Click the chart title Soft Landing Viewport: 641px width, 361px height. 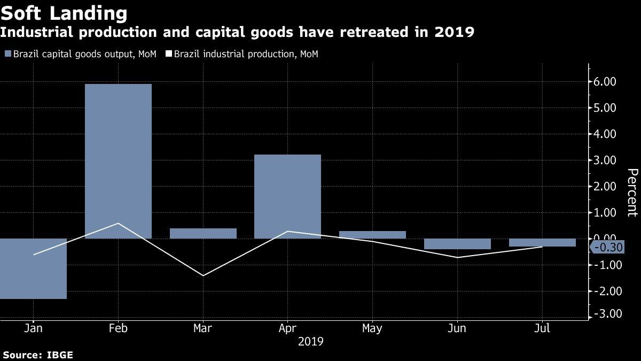(x=64, y=13)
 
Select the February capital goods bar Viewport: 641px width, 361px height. (x=118, y=160)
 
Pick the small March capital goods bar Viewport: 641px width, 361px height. (x=203, y=233)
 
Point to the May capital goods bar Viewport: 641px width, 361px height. (x=372, y=235)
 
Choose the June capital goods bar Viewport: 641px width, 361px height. (x=457, y=244)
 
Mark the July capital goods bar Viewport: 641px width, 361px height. (x=542, y=242)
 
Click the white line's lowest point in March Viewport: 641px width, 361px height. (x=203, y=275)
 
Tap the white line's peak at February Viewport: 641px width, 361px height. (x=118, y=223)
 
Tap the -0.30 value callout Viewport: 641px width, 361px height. (x=607, y=247)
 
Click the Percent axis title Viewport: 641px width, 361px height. (x=632, y=192)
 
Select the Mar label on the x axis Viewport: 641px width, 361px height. (x=203, y=328)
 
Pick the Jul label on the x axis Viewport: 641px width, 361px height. (x=542, y=328)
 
